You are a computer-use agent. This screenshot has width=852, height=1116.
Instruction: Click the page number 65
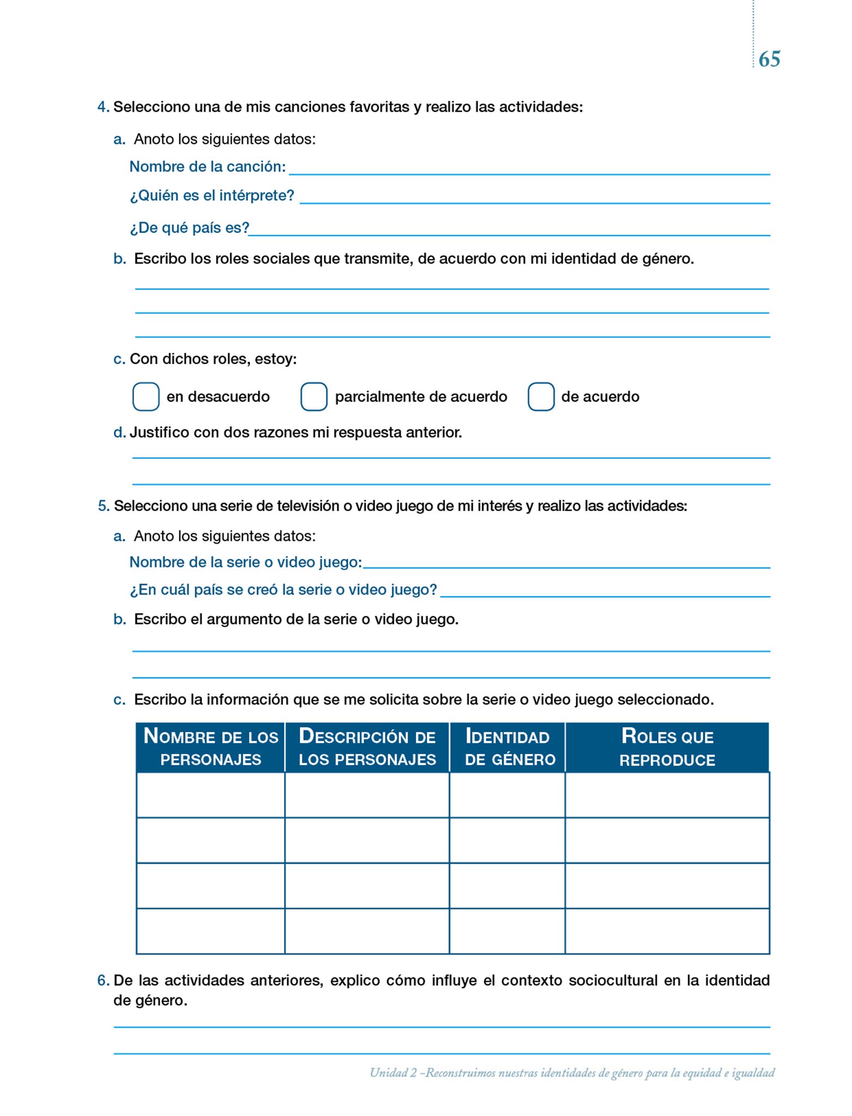coord(769,59)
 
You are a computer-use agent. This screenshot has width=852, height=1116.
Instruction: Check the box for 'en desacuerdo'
coord(146,396)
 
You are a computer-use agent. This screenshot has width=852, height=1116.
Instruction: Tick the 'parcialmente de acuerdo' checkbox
coord(314,396)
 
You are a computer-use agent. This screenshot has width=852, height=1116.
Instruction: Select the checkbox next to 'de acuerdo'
coord(541,396)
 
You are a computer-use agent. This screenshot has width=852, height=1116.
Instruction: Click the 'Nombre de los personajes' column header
coord(211,747)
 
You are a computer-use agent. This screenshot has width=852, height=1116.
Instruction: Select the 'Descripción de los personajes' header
coord(367,747)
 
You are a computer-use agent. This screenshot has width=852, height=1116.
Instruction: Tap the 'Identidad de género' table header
coord(507,747)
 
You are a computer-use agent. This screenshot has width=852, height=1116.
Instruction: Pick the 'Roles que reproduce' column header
coord(667,747)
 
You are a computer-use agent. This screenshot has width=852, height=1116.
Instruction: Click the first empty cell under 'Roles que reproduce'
coord(667,795)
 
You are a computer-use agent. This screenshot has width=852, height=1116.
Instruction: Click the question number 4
coord(102,107)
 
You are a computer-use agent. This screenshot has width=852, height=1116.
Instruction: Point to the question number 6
coord(102,980)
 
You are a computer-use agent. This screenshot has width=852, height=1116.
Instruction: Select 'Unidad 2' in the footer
coord(393,1073)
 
